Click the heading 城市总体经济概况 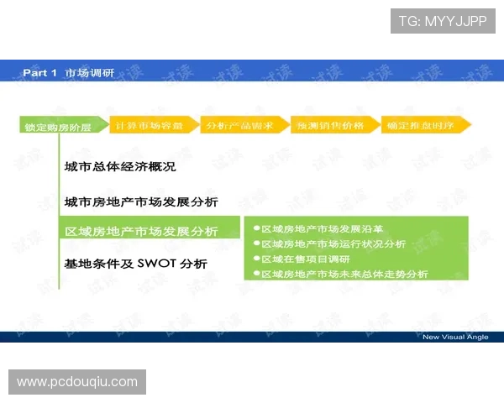pos(120,167)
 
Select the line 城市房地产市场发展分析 pos(141,202)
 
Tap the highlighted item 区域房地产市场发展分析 pos(141,231)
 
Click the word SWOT pos(158,263)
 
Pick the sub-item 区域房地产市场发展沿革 pos(322,228)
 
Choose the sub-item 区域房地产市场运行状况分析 pos(333,243)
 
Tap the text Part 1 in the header pos(39,73)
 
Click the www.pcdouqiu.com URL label pos(77,382)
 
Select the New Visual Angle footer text pos(455,338)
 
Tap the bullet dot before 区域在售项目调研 pos(255,259)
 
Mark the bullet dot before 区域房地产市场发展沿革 pos(255,228)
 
